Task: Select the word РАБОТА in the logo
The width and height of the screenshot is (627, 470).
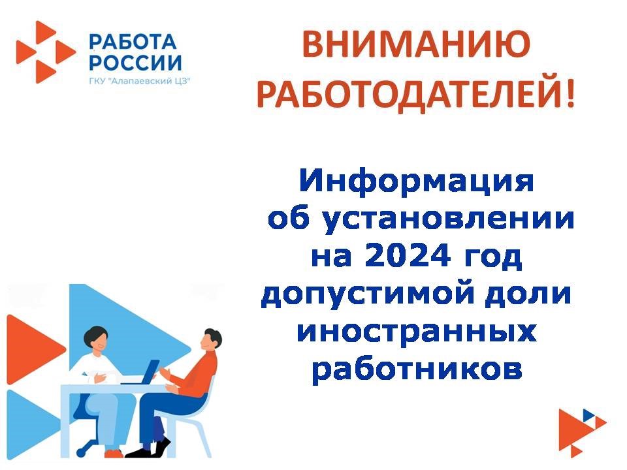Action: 133,42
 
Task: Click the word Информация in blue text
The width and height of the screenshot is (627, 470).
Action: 416,182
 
